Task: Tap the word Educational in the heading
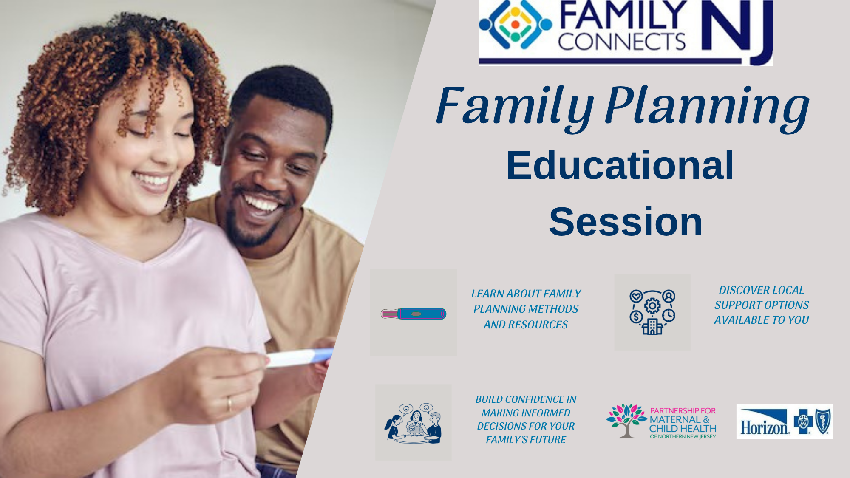coord(620,165)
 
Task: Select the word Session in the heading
coord(626,221)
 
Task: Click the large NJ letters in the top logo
coord(737,32)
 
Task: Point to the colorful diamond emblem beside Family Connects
coord(515,24)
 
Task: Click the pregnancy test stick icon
coord(414,314)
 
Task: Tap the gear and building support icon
coord(652,312)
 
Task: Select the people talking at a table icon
coord(413,423)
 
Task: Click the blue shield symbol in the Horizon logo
coord(823,421)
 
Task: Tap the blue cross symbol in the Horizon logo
coord(803,421)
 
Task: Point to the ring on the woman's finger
coord(229,404)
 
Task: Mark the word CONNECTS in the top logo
coord(622,42)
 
